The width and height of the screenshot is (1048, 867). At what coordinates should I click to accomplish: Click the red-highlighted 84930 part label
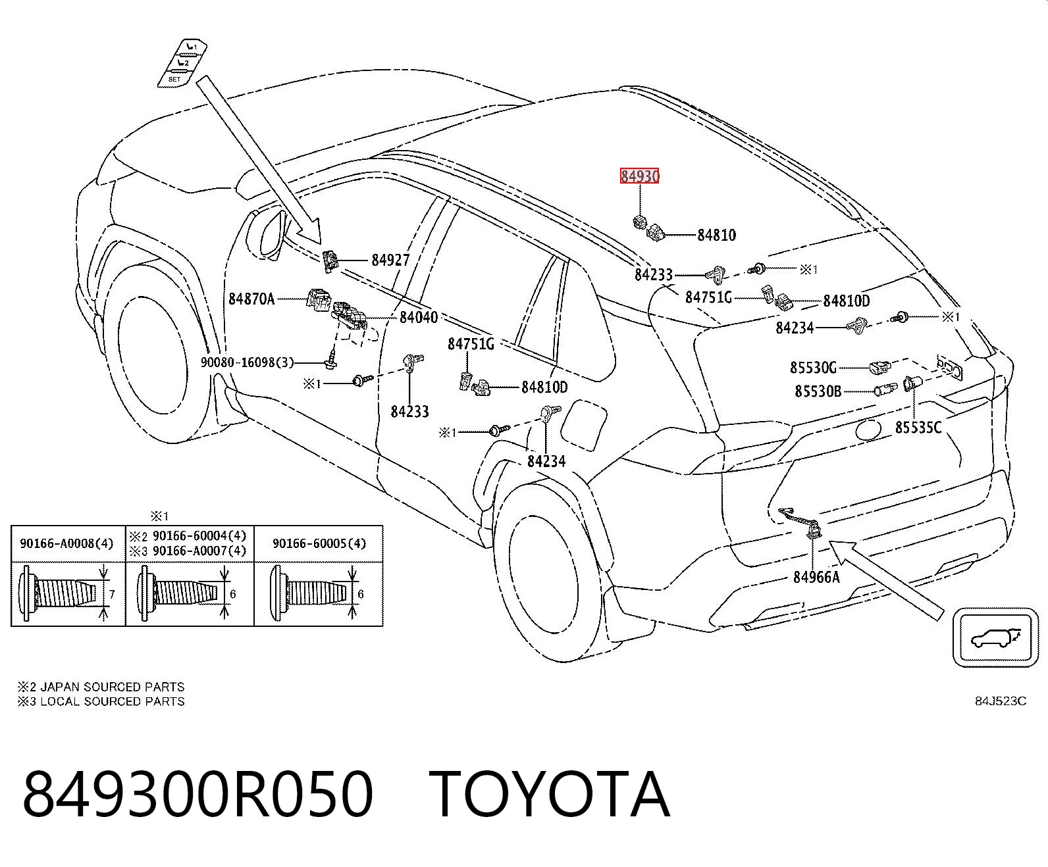point(639,176)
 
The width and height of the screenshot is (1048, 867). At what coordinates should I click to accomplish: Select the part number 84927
point(390,260)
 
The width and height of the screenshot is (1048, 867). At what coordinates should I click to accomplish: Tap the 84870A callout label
point(251,299)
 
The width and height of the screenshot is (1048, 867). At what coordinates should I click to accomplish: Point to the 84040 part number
point(419,317)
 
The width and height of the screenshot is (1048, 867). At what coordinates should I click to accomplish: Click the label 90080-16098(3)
point(248,362)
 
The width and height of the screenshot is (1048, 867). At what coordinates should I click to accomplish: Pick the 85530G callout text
point(813,368)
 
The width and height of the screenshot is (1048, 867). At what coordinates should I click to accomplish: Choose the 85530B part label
point(818,391)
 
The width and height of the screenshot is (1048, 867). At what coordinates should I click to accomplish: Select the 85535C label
point(918,428)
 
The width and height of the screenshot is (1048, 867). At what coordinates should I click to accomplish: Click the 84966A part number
point(817,578)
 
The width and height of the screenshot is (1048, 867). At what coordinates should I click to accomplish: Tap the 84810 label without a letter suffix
point(717,235)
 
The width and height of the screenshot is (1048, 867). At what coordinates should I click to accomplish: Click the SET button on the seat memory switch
point(174,80)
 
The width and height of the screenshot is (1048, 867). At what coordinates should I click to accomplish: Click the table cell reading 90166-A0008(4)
point(66,543)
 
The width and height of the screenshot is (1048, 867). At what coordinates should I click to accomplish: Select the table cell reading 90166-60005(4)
point(319,543)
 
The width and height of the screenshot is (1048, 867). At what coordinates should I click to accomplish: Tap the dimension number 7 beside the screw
point(112,595)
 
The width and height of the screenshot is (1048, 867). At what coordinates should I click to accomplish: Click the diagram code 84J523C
point(1001,701)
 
